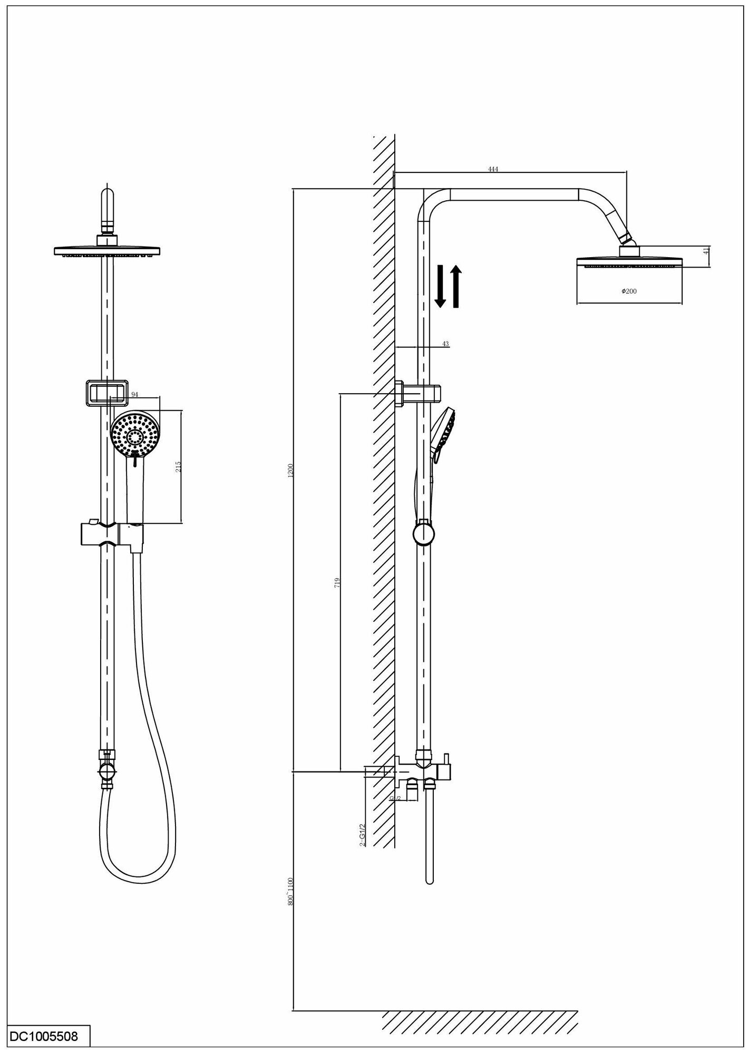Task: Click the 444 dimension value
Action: (x=493, y=169)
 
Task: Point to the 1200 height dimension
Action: (x=291, y=471)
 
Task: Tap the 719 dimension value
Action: (x=337, y=582)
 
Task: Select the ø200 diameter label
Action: (x=629, y=291)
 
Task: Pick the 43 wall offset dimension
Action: (x=445, y=344)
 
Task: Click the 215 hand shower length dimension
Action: (x=178, y=466)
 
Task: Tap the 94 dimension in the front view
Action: (x=134, y=394)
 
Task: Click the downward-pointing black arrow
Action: (x=440, y=287)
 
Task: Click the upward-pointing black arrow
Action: (x=456, y=287)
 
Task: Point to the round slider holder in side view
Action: (x=424, y=533)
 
